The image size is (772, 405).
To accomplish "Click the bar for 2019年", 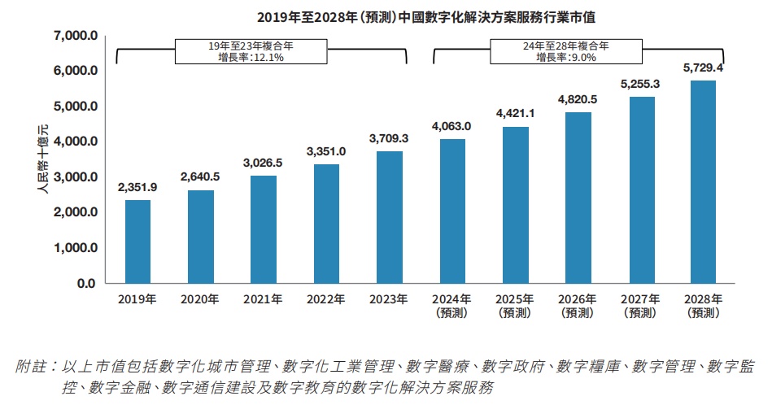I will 137,242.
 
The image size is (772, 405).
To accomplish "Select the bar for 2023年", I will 389,217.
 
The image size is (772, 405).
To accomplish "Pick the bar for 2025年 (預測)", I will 515,205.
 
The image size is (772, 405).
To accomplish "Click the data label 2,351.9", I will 137,186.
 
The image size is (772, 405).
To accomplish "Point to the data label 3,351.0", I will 325,151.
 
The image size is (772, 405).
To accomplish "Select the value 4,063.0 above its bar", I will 452,126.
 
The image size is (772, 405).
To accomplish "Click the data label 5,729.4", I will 703,67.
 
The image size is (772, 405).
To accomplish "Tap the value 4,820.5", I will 578,99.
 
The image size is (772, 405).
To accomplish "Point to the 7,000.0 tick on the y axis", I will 75,36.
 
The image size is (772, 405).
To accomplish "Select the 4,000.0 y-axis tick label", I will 75,142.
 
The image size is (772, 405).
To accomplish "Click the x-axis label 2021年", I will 263,299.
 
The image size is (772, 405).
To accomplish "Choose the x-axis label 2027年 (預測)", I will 639,305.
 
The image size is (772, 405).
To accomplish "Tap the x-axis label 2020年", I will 200,299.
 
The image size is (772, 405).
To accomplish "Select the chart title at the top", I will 386,16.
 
